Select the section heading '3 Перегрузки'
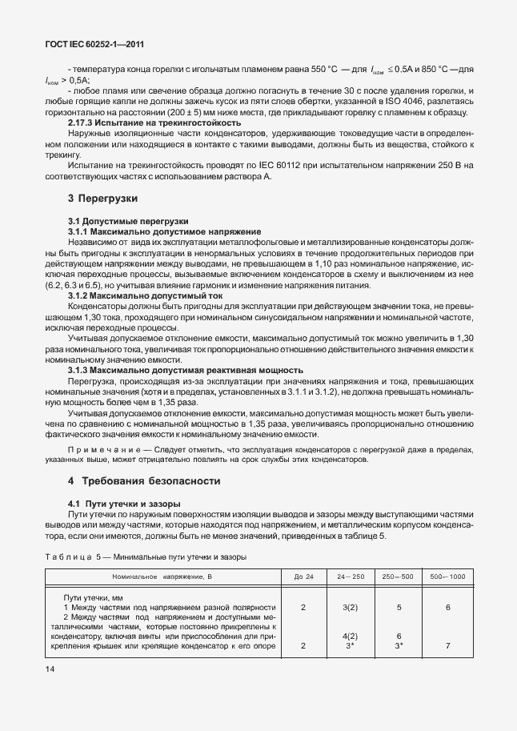pos(103,197)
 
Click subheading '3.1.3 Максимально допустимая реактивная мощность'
pos(186,370)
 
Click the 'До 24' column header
pos(303,576)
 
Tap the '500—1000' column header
pos(447,576)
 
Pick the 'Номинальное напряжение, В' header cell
pos(163,576)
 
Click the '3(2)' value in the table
pos(350,607)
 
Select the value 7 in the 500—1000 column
pos(447,645)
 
